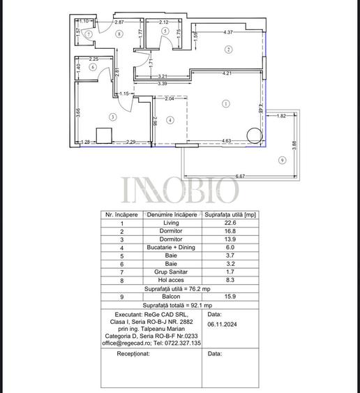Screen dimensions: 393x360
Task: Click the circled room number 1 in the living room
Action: [225, 104]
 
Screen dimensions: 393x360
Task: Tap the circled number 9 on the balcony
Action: [281, 161]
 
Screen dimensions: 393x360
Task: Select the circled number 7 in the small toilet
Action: [89, 34]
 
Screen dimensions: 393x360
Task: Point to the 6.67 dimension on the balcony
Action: [240, 176]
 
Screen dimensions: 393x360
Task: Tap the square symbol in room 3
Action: [105, 135]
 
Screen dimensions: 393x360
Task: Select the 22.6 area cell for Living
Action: [230, 223]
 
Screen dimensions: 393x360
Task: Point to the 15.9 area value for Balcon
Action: [230, 296]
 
